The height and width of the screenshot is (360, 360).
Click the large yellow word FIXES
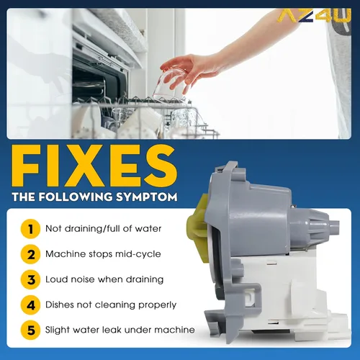pos(95,166)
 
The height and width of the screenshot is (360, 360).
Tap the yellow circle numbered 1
pos(30,229)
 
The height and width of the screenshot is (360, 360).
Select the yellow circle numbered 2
pos(30,254)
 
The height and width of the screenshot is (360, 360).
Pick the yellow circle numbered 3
pos(30,279)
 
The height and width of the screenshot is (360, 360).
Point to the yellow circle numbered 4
pos(30,305)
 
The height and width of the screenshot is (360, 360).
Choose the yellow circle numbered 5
pos(30,330)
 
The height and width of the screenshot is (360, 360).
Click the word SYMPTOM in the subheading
pos(147,197)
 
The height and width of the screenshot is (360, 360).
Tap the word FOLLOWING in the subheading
pos(76,197)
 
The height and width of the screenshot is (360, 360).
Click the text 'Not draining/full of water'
pos(104,229)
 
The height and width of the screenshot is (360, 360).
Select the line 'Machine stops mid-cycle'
pos(103,254)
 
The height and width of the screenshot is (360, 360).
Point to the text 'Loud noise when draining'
pos(104,279)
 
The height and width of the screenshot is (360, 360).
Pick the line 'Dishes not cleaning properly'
pos(111,305)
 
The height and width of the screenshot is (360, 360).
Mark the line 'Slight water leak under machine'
pos(120,330)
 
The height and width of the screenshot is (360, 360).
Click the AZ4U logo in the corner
pos(315,16)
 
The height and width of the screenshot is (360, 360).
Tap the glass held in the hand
pos(170,85)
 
